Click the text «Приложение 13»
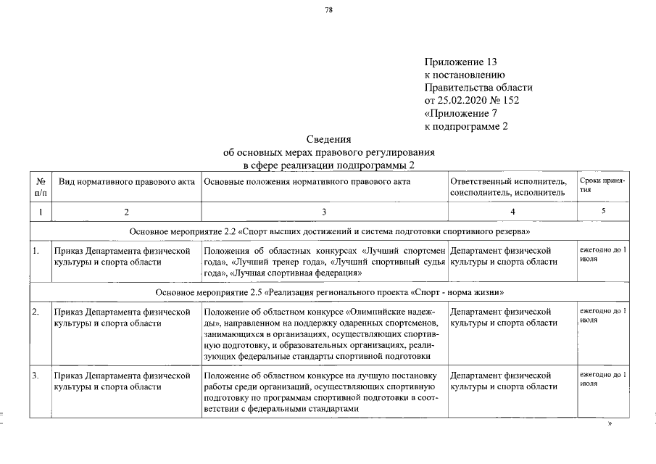click(x=460, y=62)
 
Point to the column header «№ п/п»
click(x=41, y=186)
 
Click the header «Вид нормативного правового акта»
click(x=127, y=181)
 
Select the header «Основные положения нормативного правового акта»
click(x=307, y=181)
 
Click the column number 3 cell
click(x=324, y=212)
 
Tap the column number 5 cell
click(x=603, y=211)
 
